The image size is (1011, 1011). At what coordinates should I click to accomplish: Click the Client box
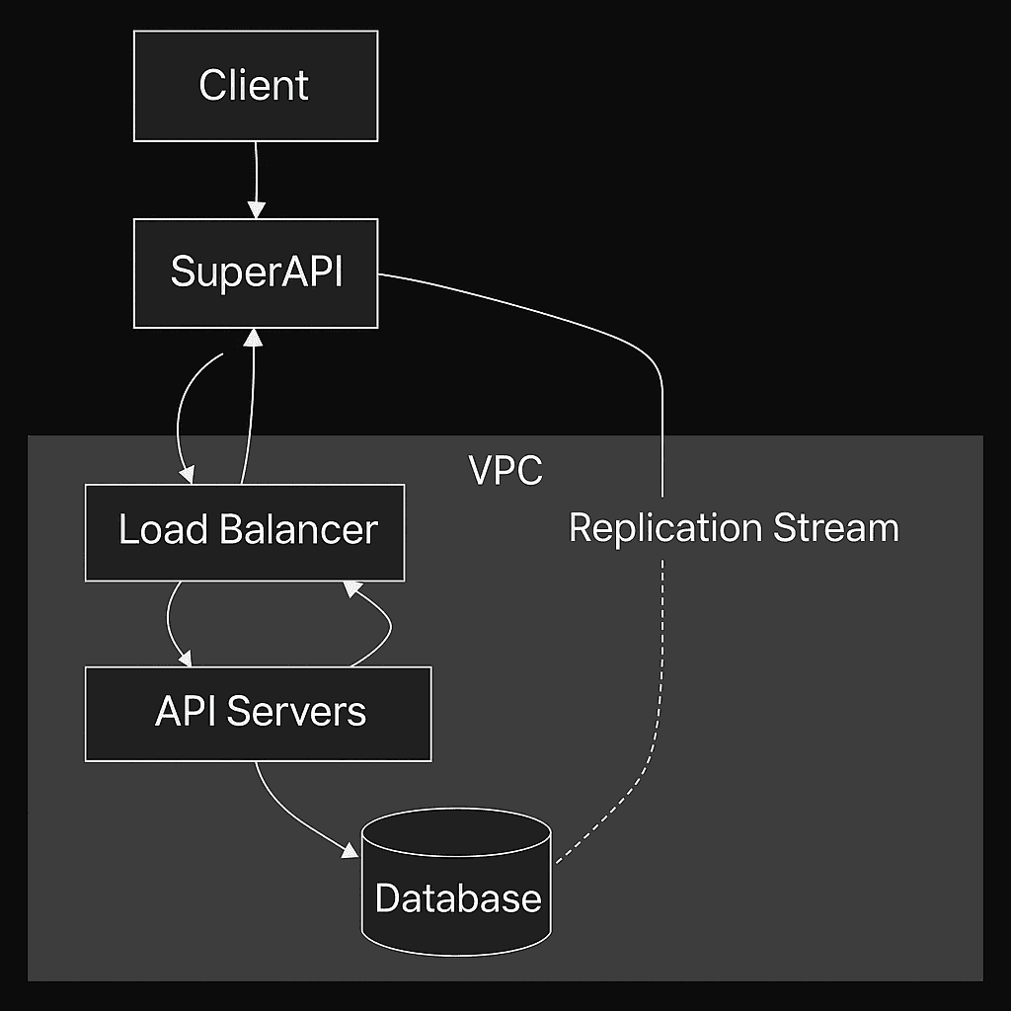[x=255, y=85]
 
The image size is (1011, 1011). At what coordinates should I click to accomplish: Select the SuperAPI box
[x=255, y=272]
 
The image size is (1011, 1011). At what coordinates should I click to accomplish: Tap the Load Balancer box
[x=245, y=531]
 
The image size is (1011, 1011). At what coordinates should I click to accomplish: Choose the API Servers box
[x=258, y=713]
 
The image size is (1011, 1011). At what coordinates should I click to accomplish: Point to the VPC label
[x=505, y=471]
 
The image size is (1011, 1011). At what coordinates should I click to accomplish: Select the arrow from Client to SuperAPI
[x=256, y=178]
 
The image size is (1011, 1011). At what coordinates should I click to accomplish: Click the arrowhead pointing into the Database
[x=350, y=849]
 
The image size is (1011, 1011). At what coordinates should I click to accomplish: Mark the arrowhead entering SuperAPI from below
[x=255, y=338]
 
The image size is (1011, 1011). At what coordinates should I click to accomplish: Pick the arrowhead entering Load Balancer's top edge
[x=185, y=476]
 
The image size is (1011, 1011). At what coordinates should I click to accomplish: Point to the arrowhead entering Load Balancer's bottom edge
[x=350, y=589]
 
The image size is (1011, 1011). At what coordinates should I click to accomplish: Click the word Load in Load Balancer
[x=162, y=531]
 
